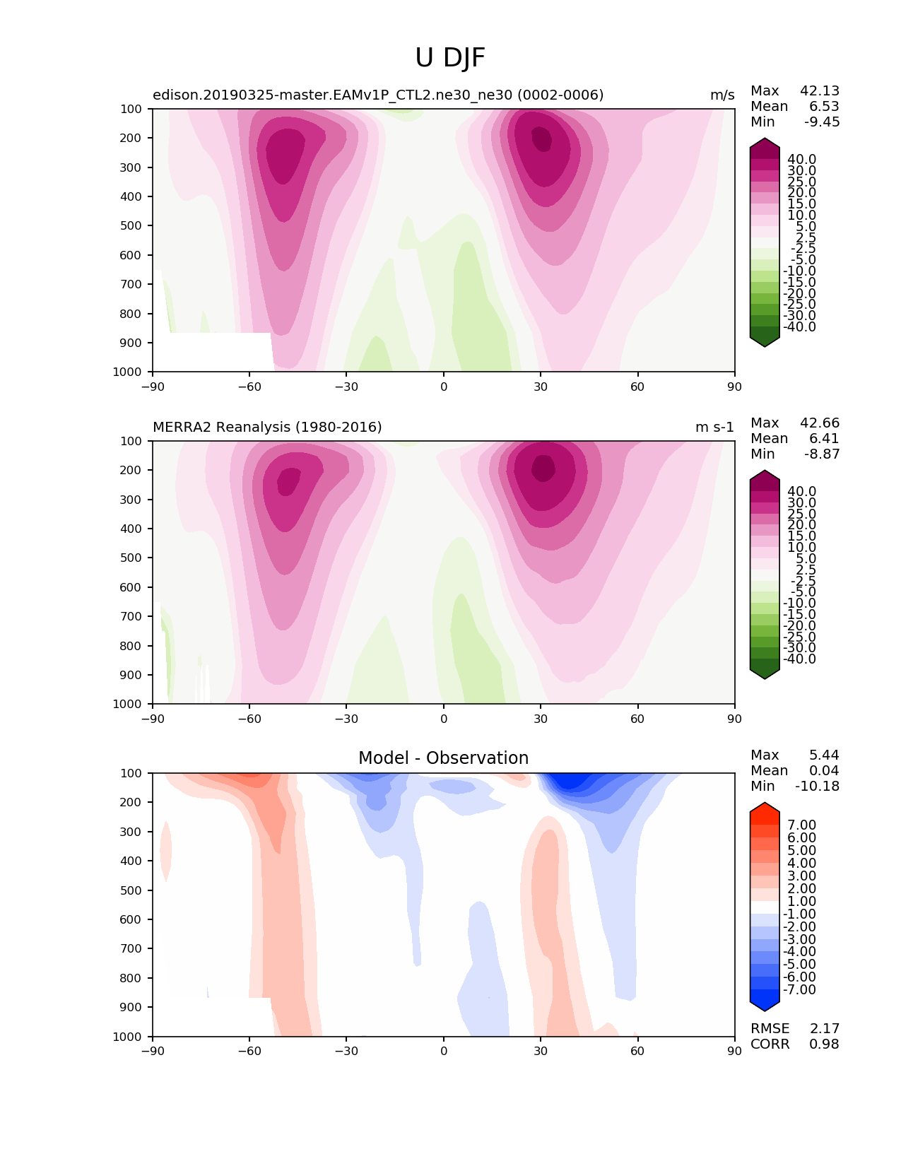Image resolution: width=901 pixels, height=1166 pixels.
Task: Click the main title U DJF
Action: [449, 57]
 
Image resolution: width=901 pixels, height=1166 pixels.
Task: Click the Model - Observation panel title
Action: [443, 758]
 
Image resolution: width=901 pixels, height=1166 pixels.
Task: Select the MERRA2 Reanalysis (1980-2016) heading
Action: [267, 427]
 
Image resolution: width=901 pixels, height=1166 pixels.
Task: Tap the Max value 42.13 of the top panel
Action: [820, 90]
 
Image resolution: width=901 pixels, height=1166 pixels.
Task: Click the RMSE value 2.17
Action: [824, 1029]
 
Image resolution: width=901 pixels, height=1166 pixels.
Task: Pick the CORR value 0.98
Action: [824, 1044]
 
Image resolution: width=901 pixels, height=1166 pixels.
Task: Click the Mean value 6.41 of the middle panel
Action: [824, 438]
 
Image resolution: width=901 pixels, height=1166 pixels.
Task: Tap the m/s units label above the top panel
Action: [722, 95]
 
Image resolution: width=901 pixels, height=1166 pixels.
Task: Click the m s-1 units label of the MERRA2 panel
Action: [714, 427]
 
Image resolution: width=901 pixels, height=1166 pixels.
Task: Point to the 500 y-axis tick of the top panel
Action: [131, 226]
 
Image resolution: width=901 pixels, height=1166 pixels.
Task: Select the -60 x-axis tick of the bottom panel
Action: [249, 1052]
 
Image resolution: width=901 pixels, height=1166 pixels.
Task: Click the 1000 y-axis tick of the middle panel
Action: [127, 704]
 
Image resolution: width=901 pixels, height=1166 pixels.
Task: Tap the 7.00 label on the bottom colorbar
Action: [802, 825]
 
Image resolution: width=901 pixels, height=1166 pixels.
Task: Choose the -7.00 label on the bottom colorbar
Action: [799, 989]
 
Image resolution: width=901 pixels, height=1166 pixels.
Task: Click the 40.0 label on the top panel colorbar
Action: [802, 160]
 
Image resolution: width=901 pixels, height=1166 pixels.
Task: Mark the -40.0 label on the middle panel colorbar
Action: [799, 659]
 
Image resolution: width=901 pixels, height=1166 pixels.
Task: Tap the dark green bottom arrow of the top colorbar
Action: [764, 338]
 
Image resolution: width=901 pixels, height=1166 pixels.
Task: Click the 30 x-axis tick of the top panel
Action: [541, 387]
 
